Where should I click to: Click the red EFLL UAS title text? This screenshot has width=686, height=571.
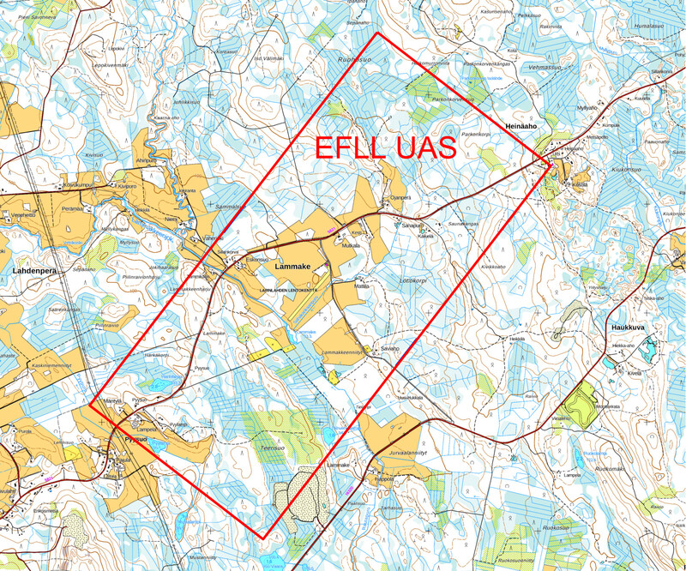coord(385,147)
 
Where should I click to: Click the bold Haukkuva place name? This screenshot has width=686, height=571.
coord(627,328)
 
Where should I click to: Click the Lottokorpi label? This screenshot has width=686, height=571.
coord(412,280)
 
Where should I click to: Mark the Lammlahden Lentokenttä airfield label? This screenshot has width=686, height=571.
coord(288,291)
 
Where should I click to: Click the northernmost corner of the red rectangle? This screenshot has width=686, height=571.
coord(378,33)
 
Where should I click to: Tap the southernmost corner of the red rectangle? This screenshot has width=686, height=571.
coord(262,539)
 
